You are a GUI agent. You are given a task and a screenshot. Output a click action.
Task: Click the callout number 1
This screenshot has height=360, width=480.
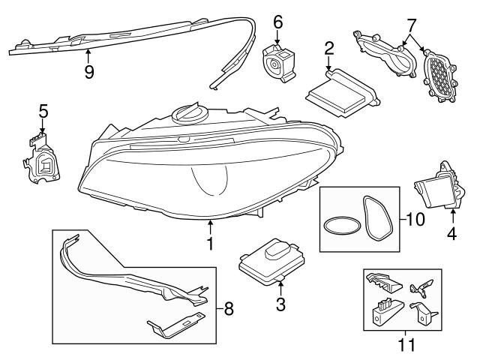[x=211, y=244]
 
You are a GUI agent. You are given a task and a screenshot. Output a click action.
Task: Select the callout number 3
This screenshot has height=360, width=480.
[x=281, y=304]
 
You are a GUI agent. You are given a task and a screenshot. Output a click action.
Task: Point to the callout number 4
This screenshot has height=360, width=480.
[x=452, y=233]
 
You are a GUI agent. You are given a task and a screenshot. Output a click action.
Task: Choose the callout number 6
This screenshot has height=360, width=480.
[x=277, y=22]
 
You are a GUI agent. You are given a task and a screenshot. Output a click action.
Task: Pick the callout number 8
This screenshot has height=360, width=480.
[x=229, y=307]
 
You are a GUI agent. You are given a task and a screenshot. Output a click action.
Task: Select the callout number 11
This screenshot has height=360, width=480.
[x=406, y=345]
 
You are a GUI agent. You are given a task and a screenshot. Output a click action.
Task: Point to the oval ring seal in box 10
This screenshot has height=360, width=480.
[x=338, y=226]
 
